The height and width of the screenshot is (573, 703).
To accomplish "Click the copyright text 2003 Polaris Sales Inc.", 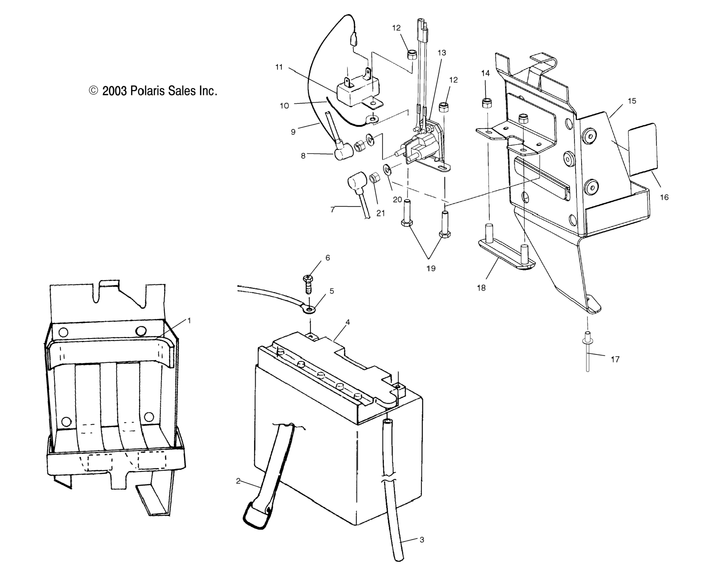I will coord(153,91).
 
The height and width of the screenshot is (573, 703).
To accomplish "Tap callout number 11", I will coord(279,67).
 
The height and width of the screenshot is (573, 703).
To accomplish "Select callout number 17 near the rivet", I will coord(615,359).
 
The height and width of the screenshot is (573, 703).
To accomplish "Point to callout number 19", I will coord(431,268).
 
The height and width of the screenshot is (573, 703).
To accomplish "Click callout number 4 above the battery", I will coord(348,322).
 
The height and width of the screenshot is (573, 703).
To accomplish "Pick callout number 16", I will coord(664,197).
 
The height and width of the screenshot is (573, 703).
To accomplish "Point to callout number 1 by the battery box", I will coord(189,320).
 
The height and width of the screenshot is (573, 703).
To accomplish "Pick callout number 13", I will coord(442,52).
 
